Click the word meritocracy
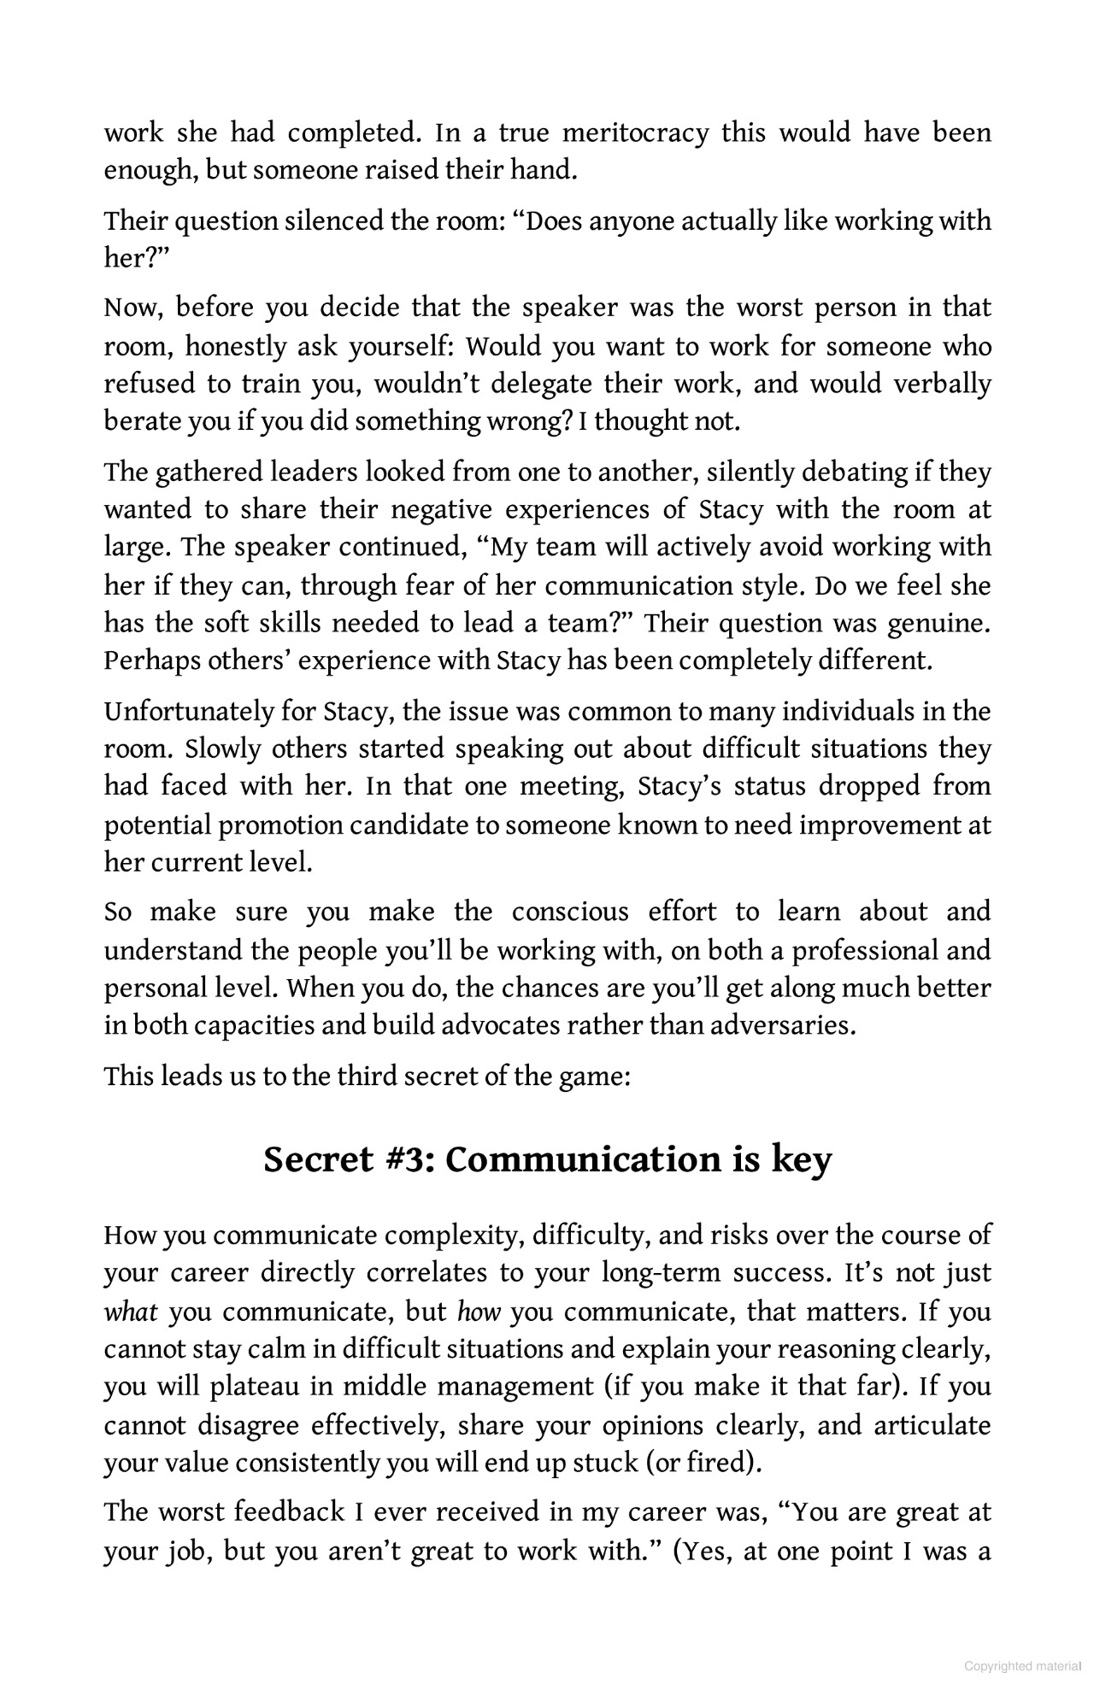pyautogui.click(x=636, y=133)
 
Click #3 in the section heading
pyautogui.click(x=406, y=1159)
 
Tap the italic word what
pyautogui.click(x=131, y=1312)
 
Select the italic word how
pyautogui.click(x=479, y=1312)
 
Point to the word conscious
pyautogui.click(x=569, y=912)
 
